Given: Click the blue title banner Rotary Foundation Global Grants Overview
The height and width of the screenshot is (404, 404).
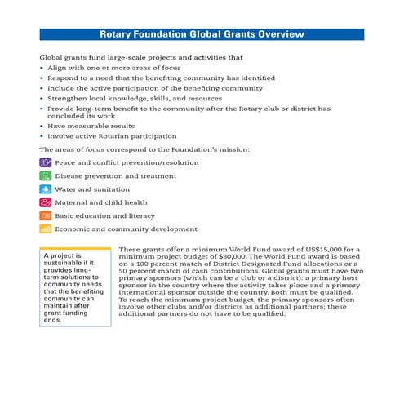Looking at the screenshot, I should (202, 35).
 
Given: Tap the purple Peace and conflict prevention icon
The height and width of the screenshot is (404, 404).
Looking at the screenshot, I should (46, 163).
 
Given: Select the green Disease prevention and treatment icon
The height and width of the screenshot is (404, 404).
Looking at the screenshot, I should (46, 176).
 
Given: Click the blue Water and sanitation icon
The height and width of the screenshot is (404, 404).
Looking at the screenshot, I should (46, 189).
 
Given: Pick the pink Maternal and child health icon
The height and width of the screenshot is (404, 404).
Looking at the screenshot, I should (46, 202).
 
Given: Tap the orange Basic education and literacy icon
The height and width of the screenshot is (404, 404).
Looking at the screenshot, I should (46, 215).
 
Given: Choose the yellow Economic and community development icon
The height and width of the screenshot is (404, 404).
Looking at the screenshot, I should (46, 229).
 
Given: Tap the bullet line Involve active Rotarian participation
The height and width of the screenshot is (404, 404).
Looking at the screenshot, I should (110, 136).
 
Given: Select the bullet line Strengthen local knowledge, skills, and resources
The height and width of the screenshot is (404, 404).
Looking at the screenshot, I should (131, 97).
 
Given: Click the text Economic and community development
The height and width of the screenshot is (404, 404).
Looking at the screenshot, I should (126, 229).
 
